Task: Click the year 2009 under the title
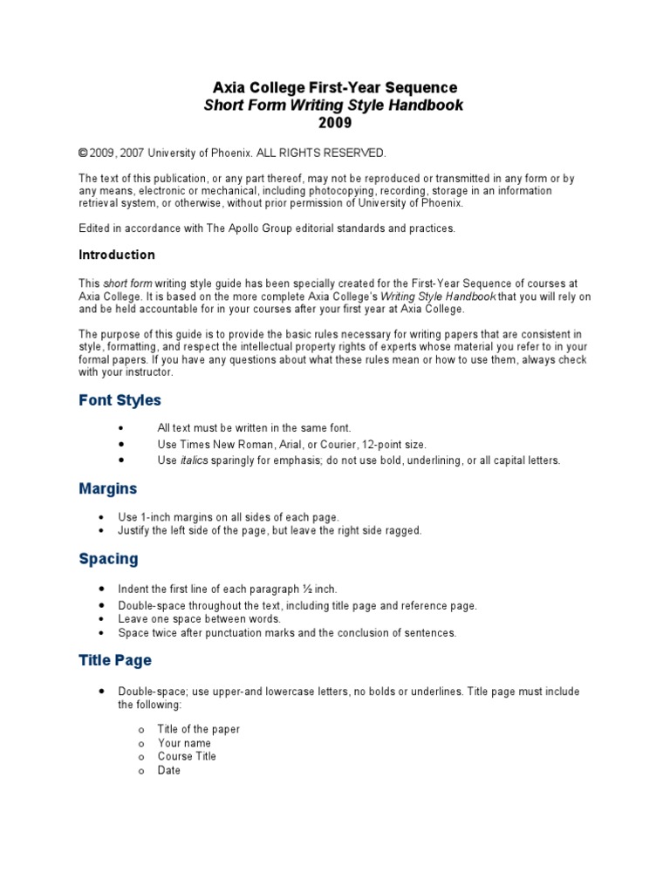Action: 335,123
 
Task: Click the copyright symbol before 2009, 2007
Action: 83,153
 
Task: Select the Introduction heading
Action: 117,256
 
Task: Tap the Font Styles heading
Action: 120,401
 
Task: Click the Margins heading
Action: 108,489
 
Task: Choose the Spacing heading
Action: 108,559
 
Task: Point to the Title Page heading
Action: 115,661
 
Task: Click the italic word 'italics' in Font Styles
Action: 195,460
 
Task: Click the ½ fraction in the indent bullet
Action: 309,590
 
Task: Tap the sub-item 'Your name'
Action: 184,743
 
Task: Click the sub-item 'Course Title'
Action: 187,756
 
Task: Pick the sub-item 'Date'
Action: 169,770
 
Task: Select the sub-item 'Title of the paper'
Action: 199,729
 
